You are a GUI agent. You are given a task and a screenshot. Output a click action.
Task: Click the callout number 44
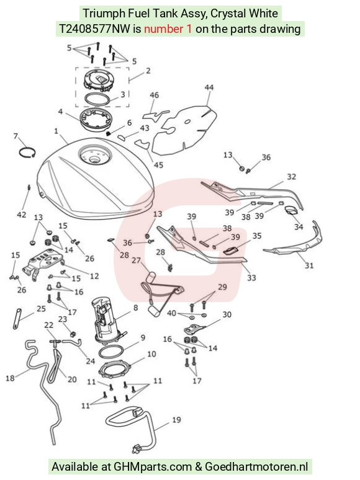(209, 88)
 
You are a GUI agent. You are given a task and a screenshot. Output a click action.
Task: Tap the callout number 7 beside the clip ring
(16, 136)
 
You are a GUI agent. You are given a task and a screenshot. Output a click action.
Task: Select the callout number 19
(176, 420)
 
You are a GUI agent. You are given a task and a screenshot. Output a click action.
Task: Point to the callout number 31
(309, 265)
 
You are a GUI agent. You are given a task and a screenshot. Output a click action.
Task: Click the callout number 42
(22, 215)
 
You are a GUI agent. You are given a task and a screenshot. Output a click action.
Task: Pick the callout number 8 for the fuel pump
(136, 308)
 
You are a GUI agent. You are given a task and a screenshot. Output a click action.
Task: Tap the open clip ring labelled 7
(27, 148)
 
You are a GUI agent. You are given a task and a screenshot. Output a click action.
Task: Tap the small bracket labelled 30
(194, 329)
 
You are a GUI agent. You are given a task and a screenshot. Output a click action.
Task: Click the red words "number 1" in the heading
(168, 29)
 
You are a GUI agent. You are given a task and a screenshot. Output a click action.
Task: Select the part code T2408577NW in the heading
(95, 29)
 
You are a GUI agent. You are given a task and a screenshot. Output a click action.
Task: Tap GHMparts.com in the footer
(153, 467)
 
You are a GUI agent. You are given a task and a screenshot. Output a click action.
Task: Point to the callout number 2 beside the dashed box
(148, 71)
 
